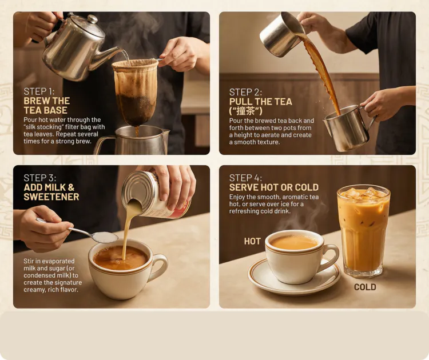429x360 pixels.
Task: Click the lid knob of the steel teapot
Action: (x=93, y=19)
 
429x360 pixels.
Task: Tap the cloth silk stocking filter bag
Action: (x=136, y=93)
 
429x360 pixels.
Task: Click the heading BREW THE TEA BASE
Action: (x=47, y=106)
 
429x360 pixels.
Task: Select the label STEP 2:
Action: (x=245, y=92)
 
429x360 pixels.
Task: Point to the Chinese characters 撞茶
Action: (x=246, y=111)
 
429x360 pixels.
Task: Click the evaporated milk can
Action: (x=156, y=194)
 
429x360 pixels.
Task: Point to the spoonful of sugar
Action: (x=106, y=237)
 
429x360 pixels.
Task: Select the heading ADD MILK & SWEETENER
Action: (x=51, y=192)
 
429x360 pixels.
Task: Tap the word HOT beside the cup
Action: (x=252, y=241)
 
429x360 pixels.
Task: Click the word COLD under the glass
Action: (x=365, y=287)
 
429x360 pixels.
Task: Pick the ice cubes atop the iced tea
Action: (x=363, y=193)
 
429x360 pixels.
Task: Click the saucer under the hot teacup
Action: (x=294, y=276)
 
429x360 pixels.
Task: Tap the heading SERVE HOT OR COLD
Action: (x=274, y=187)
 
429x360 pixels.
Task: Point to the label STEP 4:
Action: (x=245, y=178)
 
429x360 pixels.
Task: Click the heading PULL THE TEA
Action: (x=260, y=102)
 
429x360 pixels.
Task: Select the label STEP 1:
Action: (x=39, y=91)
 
